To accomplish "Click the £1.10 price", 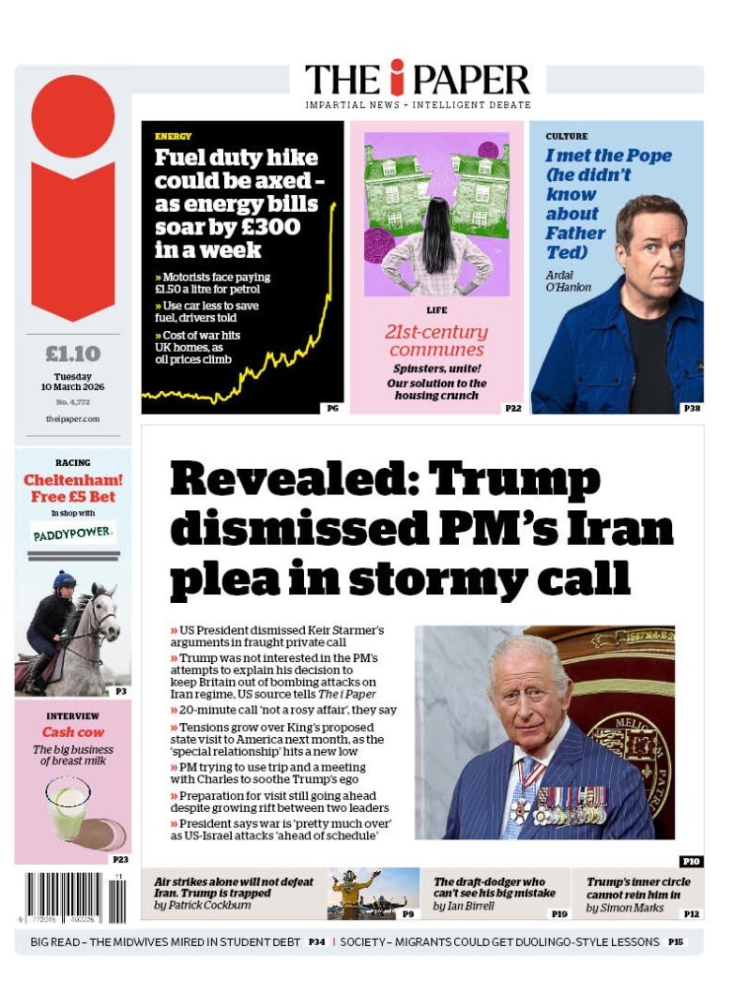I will pyautogui.click(x=72, y=354).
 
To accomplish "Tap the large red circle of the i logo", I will pyautogui.click(x=72, y=115).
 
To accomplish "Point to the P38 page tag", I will pyautogui.click(x=691, y=408).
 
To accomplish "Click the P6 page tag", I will pyautogui.click(x=332, y=408).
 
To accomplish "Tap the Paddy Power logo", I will pyautogui.click(x=72, y=534).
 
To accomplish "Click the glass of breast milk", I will pyautogui.click(x=69, y=806).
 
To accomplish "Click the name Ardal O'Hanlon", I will pyautogui.click(x=569, y=280).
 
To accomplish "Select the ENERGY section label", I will pyautogui.click(x=173, y=137).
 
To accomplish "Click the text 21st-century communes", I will pyautogui.click(x=436, y=340).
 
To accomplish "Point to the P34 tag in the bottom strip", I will pyautogui.click(x=316, y=941).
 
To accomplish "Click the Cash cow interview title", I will pyautogui.click(x=72, y=732).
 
